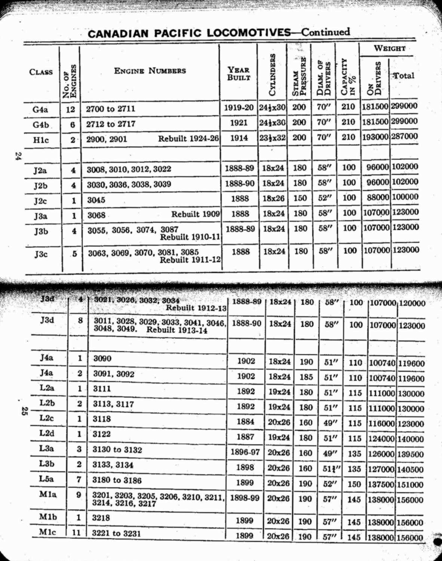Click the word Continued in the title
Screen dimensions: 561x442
[326, 32]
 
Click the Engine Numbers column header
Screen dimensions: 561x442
[150, 71]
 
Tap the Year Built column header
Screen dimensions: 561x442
[239, 73]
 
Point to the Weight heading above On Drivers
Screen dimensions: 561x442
[389, 48]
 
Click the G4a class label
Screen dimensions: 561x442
[40, 110]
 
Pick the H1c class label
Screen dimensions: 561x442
[40, 140]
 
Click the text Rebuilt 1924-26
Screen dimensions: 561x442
[188, 138]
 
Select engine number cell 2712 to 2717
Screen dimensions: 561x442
[111, 124]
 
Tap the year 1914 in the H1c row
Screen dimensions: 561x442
[239, 138]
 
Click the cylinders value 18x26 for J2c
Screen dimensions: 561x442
[273, 198]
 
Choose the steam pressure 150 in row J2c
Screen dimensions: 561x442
[300, 198]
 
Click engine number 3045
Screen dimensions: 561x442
[96, 200]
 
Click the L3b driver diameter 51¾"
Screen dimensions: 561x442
[330, 469]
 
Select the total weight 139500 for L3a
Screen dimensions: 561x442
[411, 454]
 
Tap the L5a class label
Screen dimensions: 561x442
[46, 479]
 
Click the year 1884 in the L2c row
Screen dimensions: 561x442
[246, 421]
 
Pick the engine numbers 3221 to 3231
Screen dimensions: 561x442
[116, 533]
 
